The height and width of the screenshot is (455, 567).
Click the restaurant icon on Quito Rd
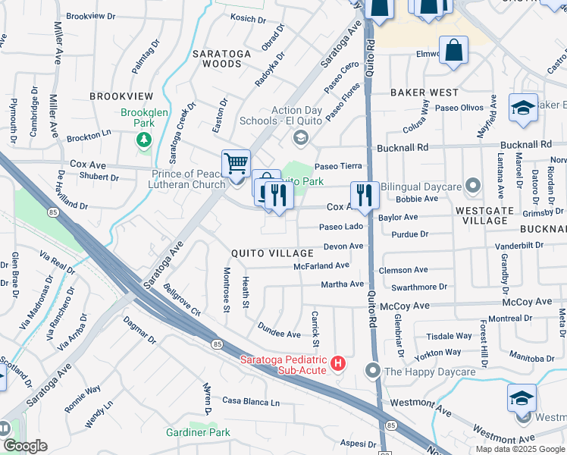[x=365, y=195]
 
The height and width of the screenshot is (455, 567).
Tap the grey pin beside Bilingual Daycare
[x=474, y=185]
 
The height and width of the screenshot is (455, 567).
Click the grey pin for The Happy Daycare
[x=371, y=371]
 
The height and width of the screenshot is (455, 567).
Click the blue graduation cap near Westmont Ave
[x=522, y=398]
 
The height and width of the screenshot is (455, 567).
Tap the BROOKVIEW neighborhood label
[x=121, y=96]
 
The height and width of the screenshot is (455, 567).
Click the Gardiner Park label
[x=198, y=432]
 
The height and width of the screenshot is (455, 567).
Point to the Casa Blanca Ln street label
[x=251, y=401]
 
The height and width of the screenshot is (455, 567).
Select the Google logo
[x=25, y=446]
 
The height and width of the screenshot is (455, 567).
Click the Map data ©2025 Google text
[x=520, y=449]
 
